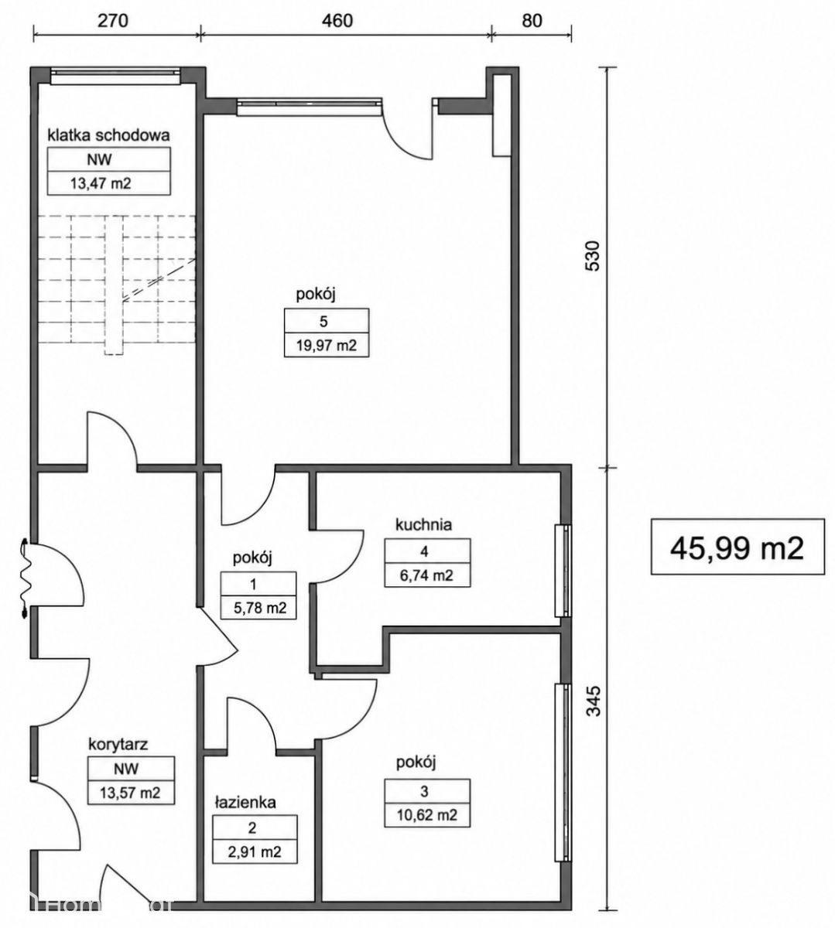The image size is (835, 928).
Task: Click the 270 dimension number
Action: click(112, 21)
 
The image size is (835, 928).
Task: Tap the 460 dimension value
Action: click(337, 21)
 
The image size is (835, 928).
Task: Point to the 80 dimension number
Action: click(531, 21)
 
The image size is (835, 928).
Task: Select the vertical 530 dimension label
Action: click(593, 256)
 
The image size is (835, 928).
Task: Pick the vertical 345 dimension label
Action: click(594, 701)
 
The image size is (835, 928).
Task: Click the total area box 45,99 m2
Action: click(737, 547)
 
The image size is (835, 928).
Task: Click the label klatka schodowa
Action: click(109, 135)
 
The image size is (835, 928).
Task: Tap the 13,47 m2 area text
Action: click(101, 183)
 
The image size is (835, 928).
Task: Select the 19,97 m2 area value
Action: click(327, 346)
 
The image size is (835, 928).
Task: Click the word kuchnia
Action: click(424, 524)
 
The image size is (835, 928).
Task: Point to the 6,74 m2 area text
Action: click(426, 575)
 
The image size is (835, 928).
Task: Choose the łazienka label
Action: click(245, 802)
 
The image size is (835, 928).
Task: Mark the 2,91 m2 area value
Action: click(255, 851)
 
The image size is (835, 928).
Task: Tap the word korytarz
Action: click(118, 745)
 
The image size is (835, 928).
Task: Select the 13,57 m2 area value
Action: click(130, 793)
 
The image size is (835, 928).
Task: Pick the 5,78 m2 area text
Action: click(260, 607)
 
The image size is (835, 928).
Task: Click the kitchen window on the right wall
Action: click(563, 571)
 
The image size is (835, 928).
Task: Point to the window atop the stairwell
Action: click(115, 77)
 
